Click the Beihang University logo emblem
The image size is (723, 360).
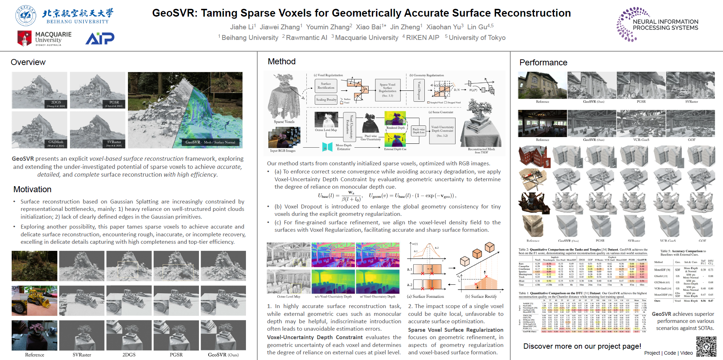(x=25, y=16)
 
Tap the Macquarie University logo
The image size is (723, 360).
(x=44, y=38)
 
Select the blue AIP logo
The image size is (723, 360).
(x=100, y=38)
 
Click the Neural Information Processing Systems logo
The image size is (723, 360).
(x=658, y=24)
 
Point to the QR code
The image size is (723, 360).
(x=706, y=346)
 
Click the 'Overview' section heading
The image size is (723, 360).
(x=28, y=62)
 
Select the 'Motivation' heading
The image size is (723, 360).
(x=33, y=189)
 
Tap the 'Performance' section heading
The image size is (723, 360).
(x=543, y=63)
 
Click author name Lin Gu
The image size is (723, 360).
(x=477, y=27)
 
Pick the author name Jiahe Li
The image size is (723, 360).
(x=242, y=27)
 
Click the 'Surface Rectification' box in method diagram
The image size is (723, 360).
(x=326, y=86)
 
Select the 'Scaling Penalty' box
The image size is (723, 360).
(x=326, y=100)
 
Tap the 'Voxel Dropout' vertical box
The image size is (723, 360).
(x=419, y=90)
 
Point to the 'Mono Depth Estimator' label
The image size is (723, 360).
(x=343, y=147)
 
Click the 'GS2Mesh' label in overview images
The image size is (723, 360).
(x=56, y=142)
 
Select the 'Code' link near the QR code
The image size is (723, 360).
(x=670, y=353)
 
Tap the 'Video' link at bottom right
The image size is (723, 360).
(x=686, y=353)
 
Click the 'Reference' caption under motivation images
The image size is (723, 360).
(x=35, y=355)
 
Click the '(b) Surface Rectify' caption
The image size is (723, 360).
(x=481, y=296)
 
